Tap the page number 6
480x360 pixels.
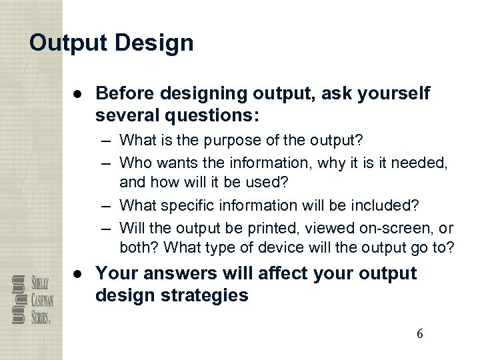(x=419, y=334)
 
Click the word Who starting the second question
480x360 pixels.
(x=135, y=161)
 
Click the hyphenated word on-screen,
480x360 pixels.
(x=387, y=228)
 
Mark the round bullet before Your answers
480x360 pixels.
(x=79, y=274)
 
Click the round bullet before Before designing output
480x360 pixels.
(x=79, y=95)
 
